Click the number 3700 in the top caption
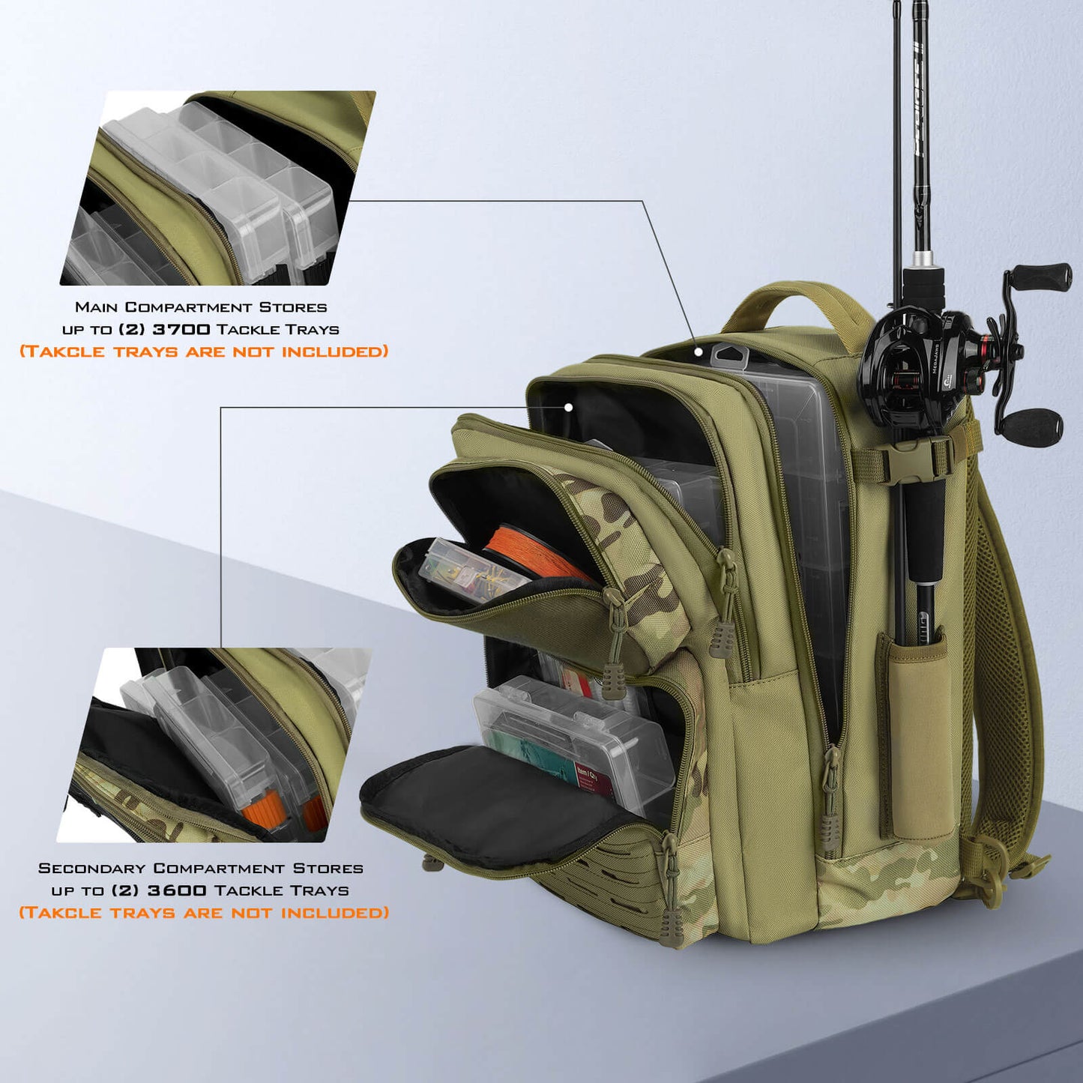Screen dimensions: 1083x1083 pyautogui.click(x=181, y=329)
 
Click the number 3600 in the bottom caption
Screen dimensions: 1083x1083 pyautogui.click(x=177, y=890)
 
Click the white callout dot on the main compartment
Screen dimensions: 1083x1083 pyautogui.click(x=698, y=351)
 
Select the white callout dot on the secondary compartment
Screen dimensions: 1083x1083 pyautogui.click(x=569, y=407)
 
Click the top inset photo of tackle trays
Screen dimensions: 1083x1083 pyautogui.click(x=217, y=188)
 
